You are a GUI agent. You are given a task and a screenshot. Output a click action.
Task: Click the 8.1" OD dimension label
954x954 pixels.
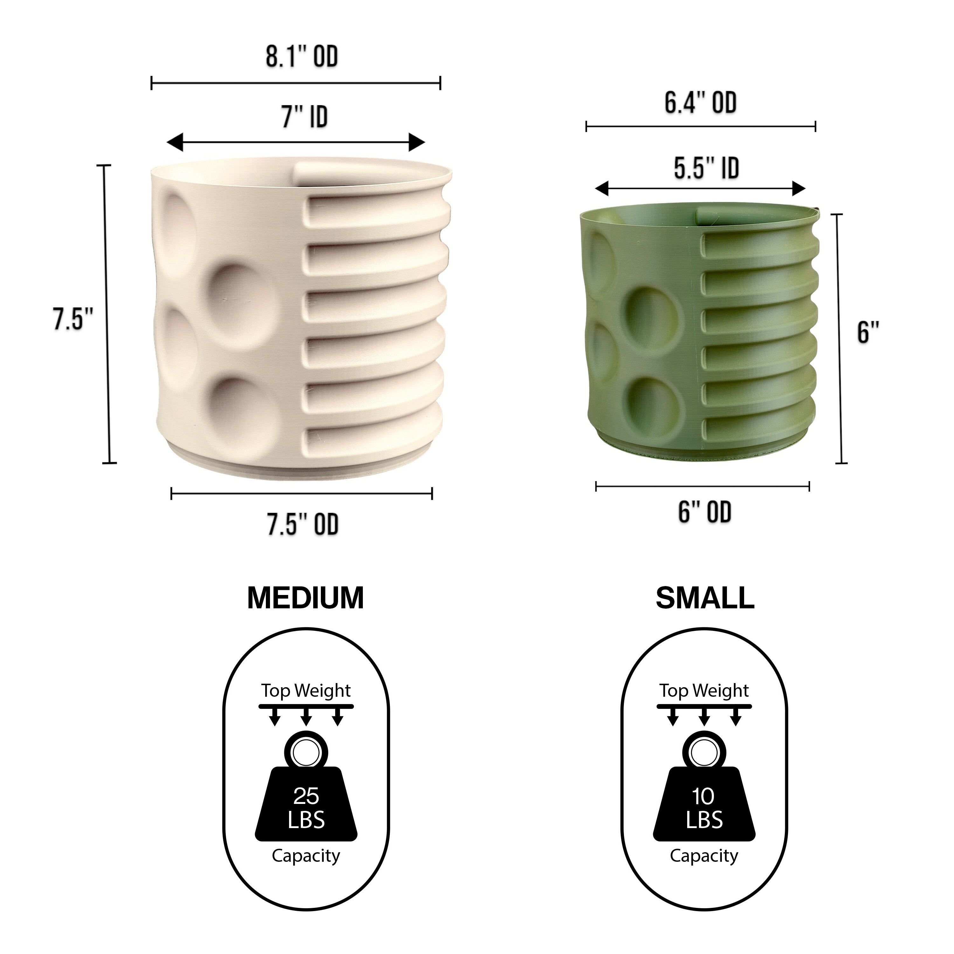(x=302, y=57)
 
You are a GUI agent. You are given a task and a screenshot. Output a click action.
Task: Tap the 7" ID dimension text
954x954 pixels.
(x=305, y=117)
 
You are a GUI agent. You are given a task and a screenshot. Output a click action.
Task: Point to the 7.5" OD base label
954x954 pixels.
(x=303, y=524)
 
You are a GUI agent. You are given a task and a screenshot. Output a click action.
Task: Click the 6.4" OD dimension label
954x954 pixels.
(x=700, y=103)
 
